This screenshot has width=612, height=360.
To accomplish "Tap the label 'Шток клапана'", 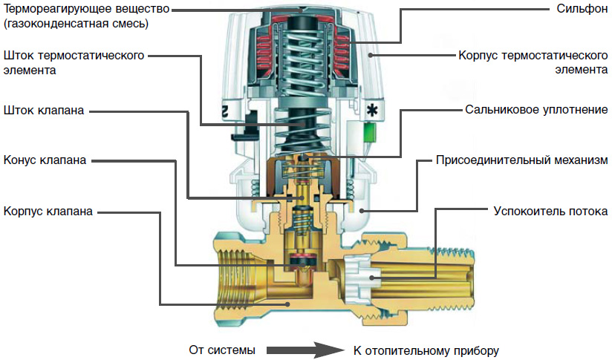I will pos(44,111).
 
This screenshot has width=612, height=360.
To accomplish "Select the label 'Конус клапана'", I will pos(45,160).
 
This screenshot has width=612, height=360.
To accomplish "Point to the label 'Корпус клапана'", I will pos(48,211).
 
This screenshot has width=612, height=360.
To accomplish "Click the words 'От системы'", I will pos(222,349).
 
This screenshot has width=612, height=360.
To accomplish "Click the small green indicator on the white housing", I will pos(370,133).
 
